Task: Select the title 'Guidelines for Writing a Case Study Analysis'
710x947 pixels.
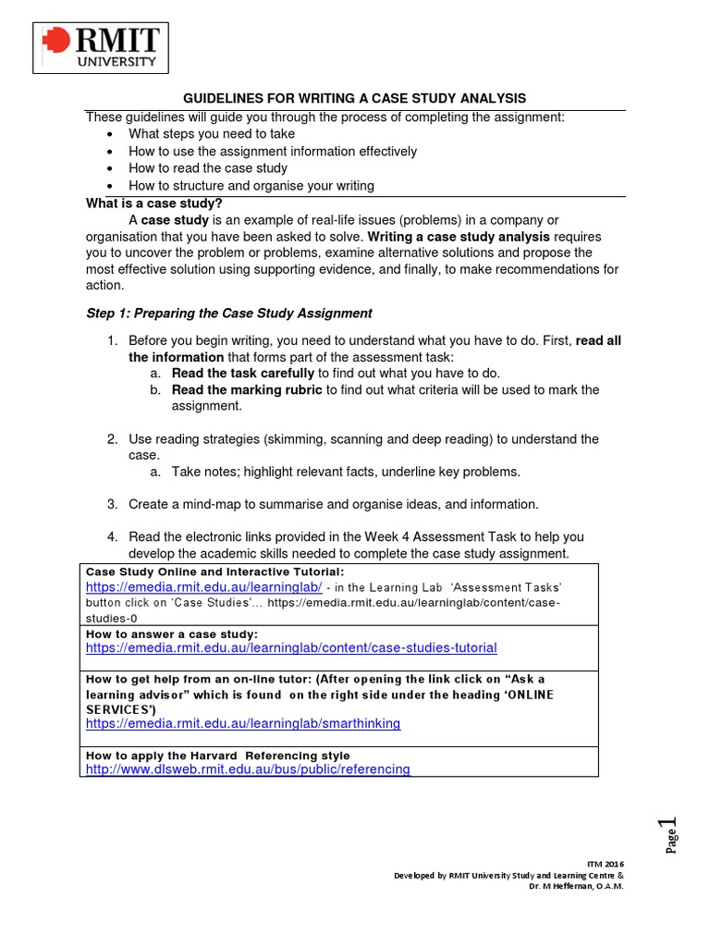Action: [354, 98]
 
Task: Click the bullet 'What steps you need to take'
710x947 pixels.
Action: [212, 134]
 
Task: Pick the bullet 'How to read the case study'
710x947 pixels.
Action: [208, 168]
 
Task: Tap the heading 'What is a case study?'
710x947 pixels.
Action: [153, 203]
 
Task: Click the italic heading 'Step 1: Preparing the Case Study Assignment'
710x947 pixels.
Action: [228, 314]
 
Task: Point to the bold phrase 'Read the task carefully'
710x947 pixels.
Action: [244, 373]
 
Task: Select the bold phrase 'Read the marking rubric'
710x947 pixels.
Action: [247, 389]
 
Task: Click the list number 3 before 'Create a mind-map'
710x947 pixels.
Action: [111, 504]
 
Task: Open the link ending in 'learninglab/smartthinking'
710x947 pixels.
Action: [243, 723]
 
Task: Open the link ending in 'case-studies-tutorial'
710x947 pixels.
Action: [291, 648]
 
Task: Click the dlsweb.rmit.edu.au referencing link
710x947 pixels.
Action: [248, 769]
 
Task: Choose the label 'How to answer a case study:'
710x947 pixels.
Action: [172, 633]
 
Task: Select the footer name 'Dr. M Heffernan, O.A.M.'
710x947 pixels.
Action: [576, 885]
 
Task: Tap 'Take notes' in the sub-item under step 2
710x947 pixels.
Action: [202, 472]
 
